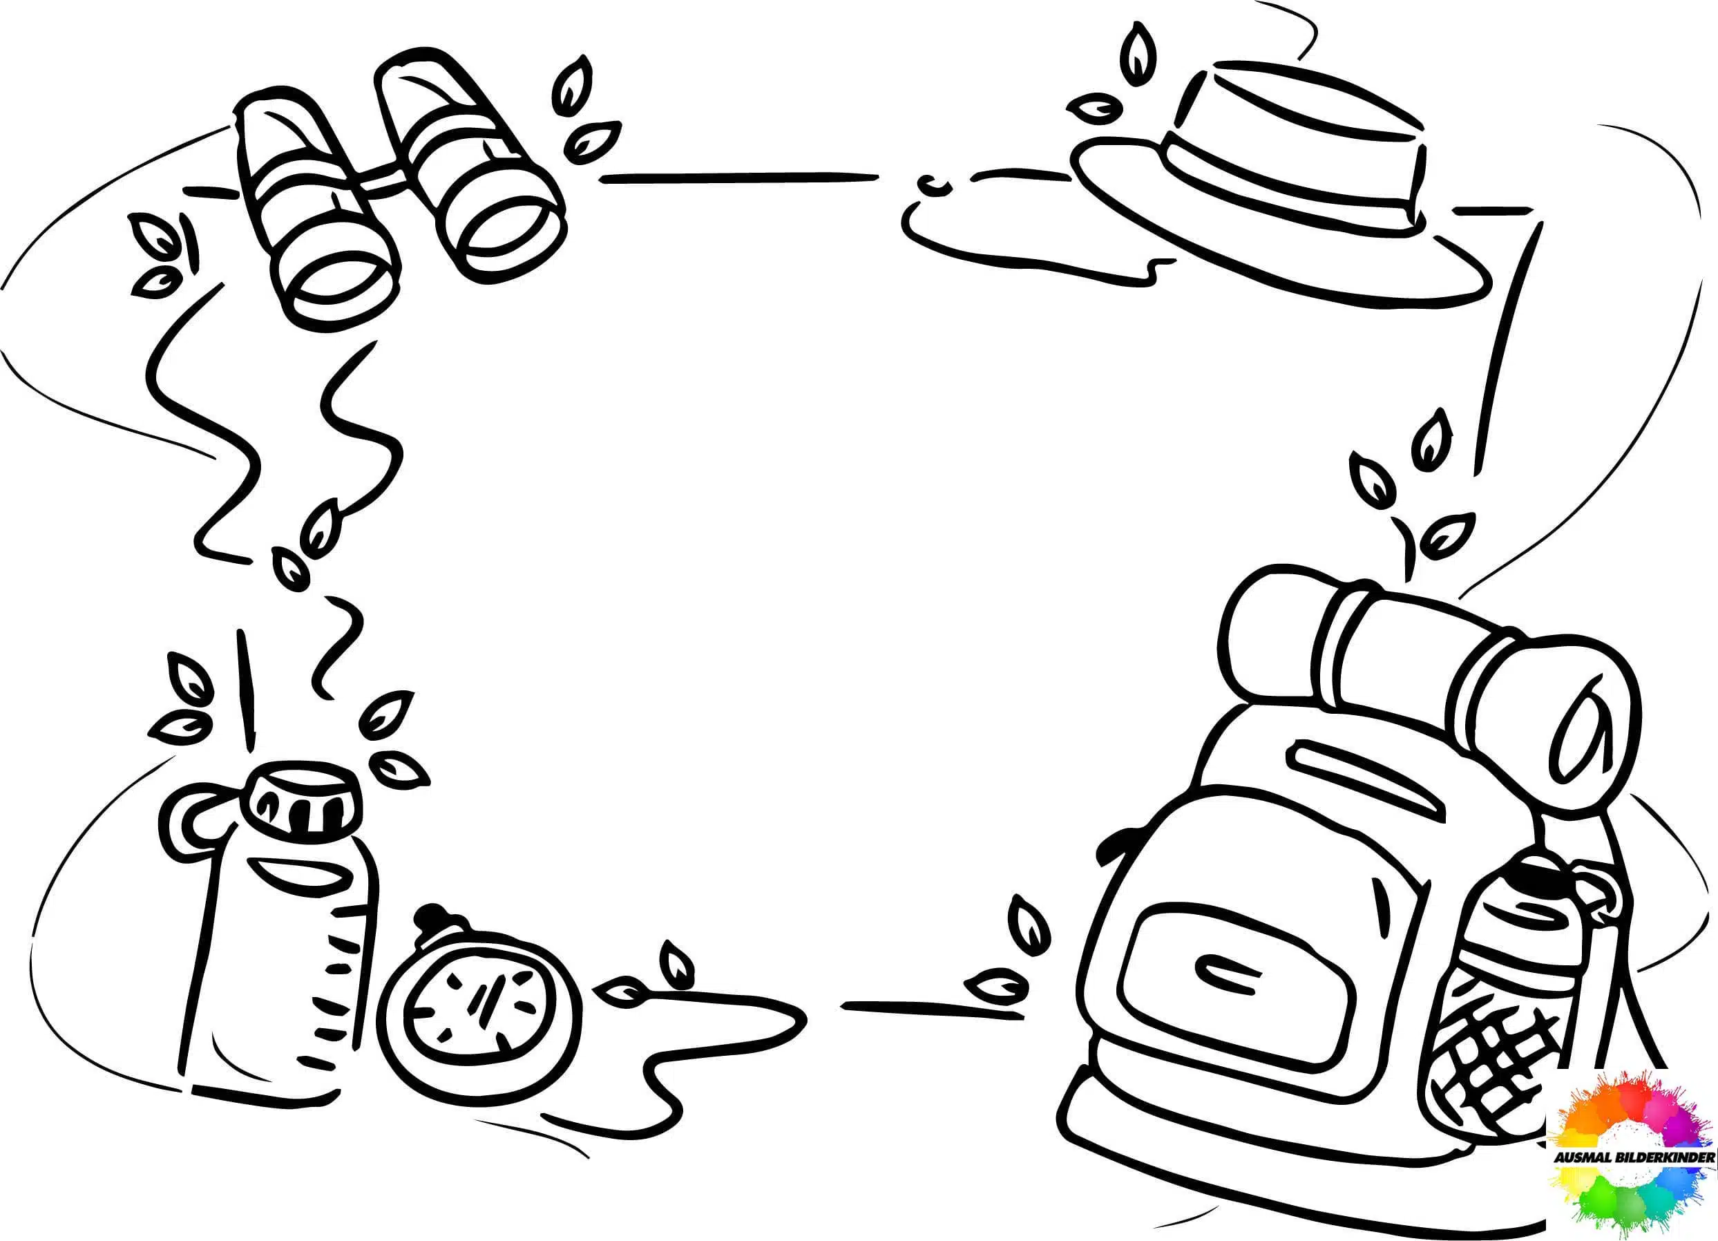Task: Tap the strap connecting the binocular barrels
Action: (x=386, y=182)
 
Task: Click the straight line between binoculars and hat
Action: (x=739, y=178)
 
